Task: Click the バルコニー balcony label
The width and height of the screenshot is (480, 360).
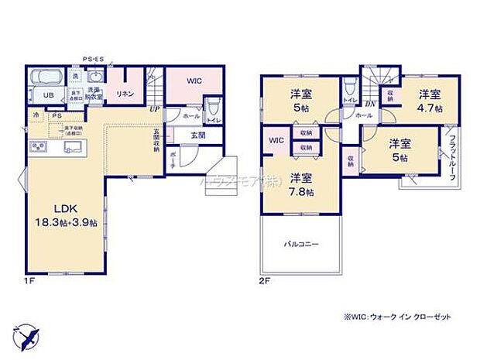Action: pos(302,244)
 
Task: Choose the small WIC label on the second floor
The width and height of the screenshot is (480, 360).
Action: pos(277,141)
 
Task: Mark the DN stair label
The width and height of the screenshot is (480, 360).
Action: pos(369,104)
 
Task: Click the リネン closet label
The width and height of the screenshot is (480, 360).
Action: pos(125,93)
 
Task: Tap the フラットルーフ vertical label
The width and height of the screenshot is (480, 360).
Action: pos(451,159)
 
